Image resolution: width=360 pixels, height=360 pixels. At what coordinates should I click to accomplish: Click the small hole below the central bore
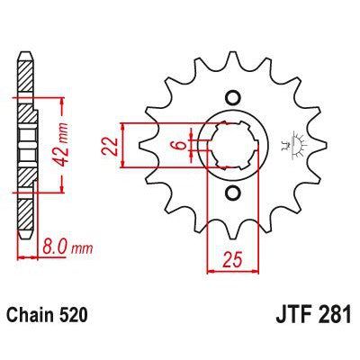point(232,193)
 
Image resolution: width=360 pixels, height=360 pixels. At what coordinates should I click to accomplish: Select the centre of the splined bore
point(232,146)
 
